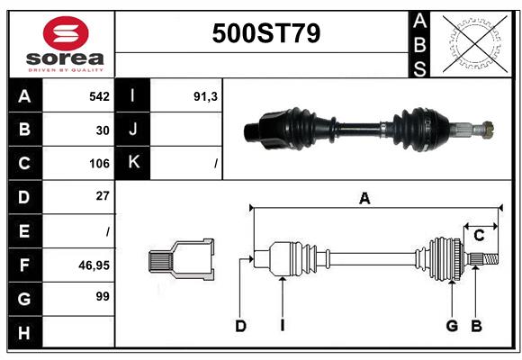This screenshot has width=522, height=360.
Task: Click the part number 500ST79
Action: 265,33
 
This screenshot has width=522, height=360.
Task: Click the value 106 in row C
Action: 99,164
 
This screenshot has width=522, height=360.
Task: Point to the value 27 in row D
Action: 103,196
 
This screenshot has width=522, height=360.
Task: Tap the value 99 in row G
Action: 103,296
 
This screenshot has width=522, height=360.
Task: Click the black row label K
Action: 133,163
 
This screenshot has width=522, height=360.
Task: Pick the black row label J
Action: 133,130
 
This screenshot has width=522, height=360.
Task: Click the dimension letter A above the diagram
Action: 364,199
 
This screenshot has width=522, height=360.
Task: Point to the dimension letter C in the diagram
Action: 480,235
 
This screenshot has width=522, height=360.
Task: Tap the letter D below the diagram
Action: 240,326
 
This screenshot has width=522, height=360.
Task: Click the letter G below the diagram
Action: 452,326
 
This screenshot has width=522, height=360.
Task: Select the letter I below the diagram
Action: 282,326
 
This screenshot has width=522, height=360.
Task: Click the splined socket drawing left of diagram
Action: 181,260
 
